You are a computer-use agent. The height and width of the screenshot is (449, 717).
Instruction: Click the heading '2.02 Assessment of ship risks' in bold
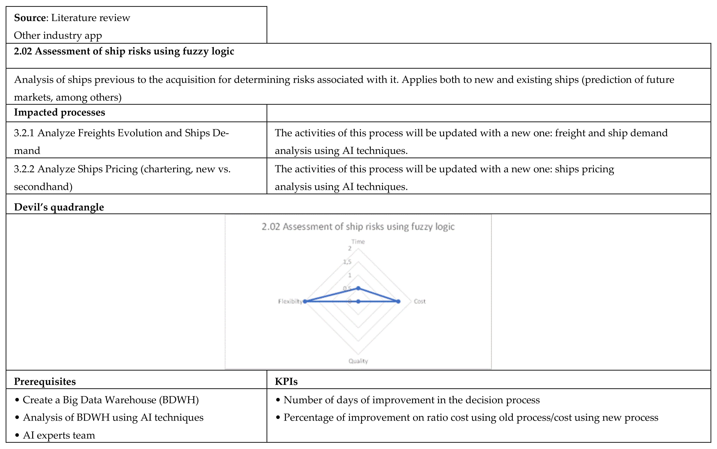[124, 51]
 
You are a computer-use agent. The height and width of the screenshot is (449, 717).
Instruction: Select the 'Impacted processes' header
[59, 113]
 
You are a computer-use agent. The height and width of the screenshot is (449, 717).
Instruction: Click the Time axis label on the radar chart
[358, 242]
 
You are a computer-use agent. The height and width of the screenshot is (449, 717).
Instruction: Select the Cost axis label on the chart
[420, 301]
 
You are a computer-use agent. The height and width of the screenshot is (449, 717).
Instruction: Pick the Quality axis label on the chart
[358, 361]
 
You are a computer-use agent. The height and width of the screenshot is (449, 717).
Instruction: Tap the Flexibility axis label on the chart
[290, 301]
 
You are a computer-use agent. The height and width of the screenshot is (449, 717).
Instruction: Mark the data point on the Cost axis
[398, 301]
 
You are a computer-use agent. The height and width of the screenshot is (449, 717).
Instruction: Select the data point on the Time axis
[358, 288]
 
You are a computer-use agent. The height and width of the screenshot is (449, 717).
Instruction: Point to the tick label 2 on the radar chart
[350, 249]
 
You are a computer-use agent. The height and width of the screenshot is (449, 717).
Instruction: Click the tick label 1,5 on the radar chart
[347, 262]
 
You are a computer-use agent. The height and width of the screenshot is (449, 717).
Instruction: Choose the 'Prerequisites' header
[45, 382]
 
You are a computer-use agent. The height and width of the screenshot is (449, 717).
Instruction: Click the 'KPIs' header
[286, 382]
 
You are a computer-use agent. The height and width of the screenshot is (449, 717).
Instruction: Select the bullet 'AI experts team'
[59, 435]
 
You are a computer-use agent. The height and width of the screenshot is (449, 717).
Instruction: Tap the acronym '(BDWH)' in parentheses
[179, 400]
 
